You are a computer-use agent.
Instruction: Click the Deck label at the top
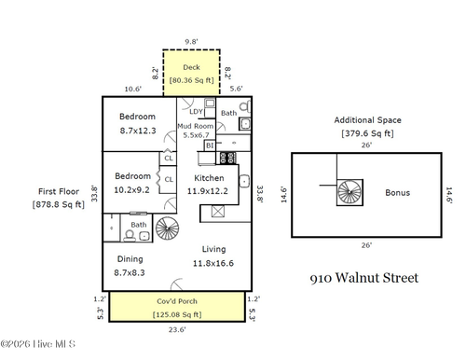tap(191, 67)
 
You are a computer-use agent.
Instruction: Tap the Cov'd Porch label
tap(176, 302)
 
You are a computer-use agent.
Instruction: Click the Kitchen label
tap(210, 177)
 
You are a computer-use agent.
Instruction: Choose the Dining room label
tap(130, 259)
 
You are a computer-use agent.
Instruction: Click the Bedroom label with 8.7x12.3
tap(136, 117)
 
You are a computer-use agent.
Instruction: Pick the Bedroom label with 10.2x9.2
tap(133, 175)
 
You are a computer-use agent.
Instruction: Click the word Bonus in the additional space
tap(397, 193)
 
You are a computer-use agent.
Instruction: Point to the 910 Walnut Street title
tap(363, 277)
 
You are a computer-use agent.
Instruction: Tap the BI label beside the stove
tap(210, 146)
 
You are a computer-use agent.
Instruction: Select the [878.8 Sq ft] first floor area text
tap(59, 203)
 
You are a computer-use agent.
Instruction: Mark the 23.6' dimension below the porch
tap(176, 328)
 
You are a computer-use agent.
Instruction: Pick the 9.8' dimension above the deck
tap(191, 41)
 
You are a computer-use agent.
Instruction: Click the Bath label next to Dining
tap(138, 225)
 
